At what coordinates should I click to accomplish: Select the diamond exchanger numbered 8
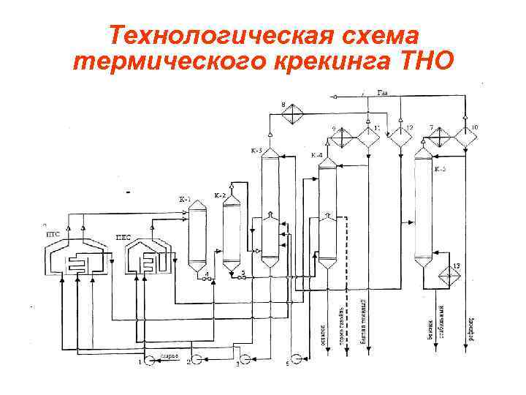coord(293,114)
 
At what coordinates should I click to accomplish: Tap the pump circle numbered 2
coord(197,361)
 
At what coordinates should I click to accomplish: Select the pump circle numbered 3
coord(245,361)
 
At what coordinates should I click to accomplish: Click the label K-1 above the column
coord(184,198)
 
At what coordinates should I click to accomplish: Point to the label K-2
coord(219,195)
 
